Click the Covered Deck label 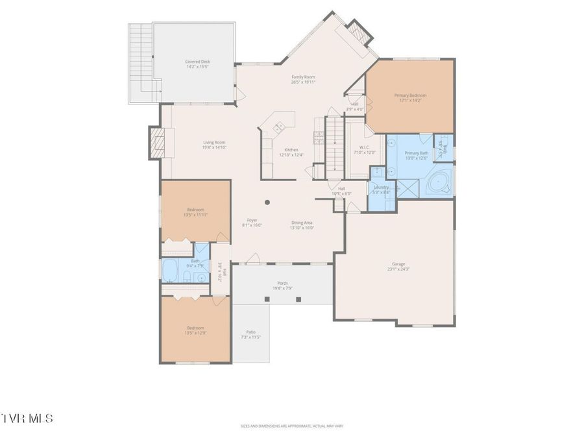[x=197, y=62]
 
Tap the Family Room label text [x=303, y=77]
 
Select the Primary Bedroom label [x=410, y=95]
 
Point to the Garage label [x=398, y=264]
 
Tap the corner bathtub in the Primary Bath [x=440, y=181]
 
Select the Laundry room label [x=381, y=187]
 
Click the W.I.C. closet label [x=360, y=147]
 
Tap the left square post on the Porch [x=267, y=299]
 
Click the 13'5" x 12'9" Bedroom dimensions [x=195, y=333]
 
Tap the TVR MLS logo [x=27, y=418]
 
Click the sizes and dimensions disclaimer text [x=291, y=426]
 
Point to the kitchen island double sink [x=280, y=125]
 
